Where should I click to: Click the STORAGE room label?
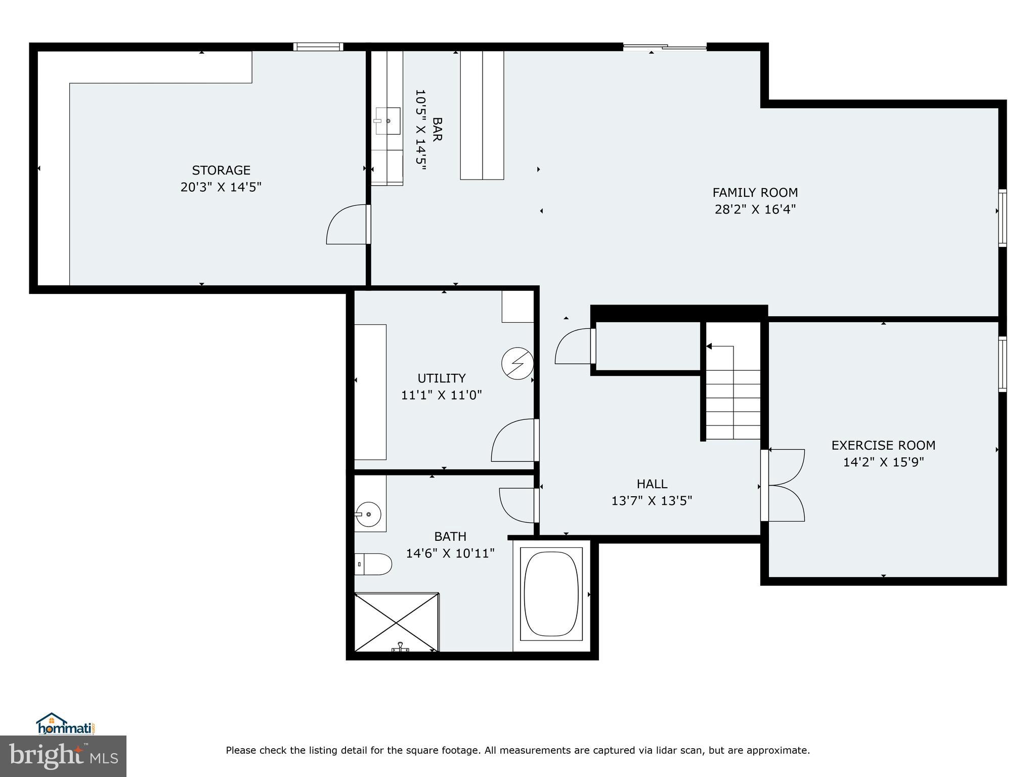click(221, 170)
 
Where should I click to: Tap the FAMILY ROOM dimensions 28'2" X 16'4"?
click(755, 209)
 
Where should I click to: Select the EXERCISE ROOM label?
click(883, 445)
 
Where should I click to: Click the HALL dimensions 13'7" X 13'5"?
click(652, 501)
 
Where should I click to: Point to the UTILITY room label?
click(441, 378)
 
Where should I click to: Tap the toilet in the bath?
click(373, 564)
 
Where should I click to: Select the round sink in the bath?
click(369, 514)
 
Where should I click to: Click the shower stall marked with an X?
click(396, 622)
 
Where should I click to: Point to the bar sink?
click(387, 121)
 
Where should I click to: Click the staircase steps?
click(733, 405)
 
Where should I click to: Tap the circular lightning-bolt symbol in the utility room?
click(517, 363)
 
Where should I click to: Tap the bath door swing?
click(517, 504)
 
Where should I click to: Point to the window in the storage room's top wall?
click(318, 47)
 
